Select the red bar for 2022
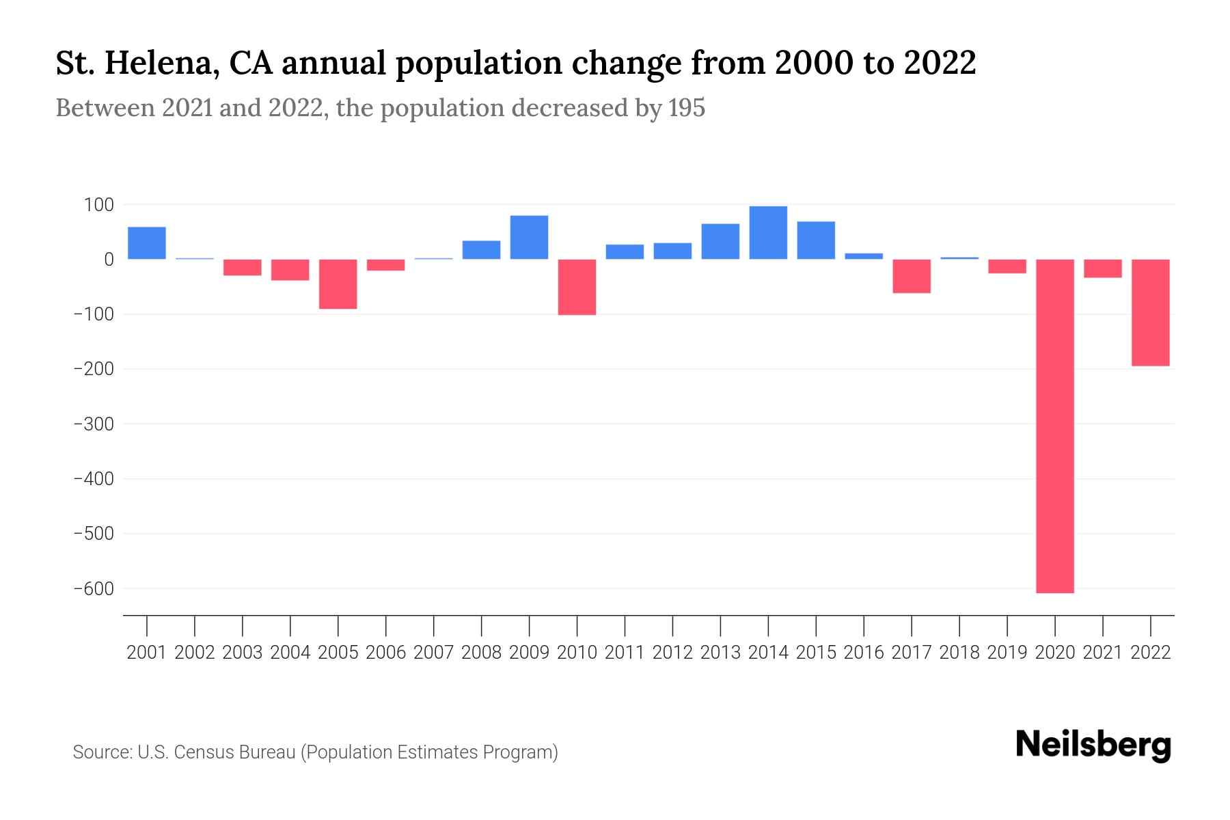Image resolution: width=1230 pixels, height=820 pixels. [1150, 312]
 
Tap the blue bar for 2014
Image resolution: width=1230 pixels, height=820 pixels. [768, 232]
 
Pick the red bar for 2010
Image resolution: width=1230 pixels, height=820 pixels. [577, 287]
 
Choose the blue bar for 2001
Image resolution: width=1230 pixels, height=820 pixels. [147, 243]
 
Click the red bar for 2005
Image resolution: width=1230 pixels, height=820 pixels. [338, 284]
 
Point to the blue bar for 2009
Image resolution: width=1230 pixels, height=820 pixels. [529, 237]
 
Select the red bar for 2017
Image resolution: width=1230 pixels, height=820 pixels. [912, 276]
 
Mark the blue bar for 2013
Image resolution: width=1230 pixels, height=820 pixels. [720, 241]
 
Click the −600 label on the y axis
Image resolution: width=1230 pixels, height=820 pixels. [94, 588]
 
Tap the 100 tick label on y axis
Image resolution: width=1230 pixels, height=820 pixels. [100, 204]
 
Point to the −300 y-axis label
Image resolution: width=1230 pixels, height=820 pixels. [94, 424]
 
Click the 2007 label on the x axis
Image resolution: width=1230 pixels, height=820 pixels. [433, 653]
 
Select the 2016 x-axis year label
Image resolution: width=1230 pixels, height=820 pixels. [864, 653]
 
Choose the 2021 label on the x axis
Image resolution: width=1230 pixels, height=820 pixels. [1102, 653]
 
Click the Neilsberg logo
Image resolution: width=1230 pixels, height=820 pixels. [1093, 745]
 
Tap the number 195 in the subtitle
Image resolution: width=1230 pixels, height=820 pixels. [687, 108]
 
